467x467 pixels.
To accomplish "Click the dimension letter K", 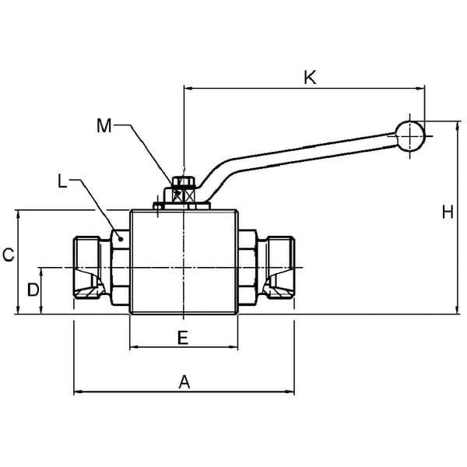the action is point(310,78).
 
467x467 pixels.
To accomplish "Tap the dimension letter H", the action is point(448,212).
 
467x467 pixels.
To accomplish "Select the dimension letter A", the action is point(184,382).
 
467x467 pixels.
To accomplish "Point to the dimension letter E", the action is point(183,338).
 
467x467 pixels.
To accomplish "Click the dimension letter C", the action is point(9,255).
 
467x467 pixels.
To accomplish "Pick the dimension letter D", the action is point(33,290).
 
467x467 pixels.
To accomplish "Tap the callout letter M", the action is point(104,125).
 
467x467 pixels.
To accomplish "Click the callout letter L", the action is point(61,181).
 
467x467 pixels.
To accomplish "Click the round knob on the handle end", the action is point(410,136).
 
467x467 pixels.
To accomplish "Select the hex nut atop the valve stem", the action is point(184,181).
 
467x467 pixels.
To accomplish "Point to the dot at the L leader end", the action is point(121,239).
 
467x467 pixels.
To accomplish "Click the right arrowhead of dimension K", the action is point(420,88).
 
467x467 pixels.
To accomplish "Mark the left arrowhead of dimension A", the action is point(78,392).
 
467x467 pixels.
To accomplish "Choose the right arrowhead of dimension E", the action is point(233,347).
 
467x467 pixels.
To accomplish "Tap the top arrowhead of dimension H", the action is point(458,125).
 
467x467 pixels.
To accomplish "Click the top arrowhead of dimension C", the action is point(19,215).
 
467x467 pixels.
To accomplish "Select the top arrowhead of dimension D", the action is point(41,272).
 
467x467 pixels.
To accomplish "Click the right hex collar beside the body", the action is point(248,268).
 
